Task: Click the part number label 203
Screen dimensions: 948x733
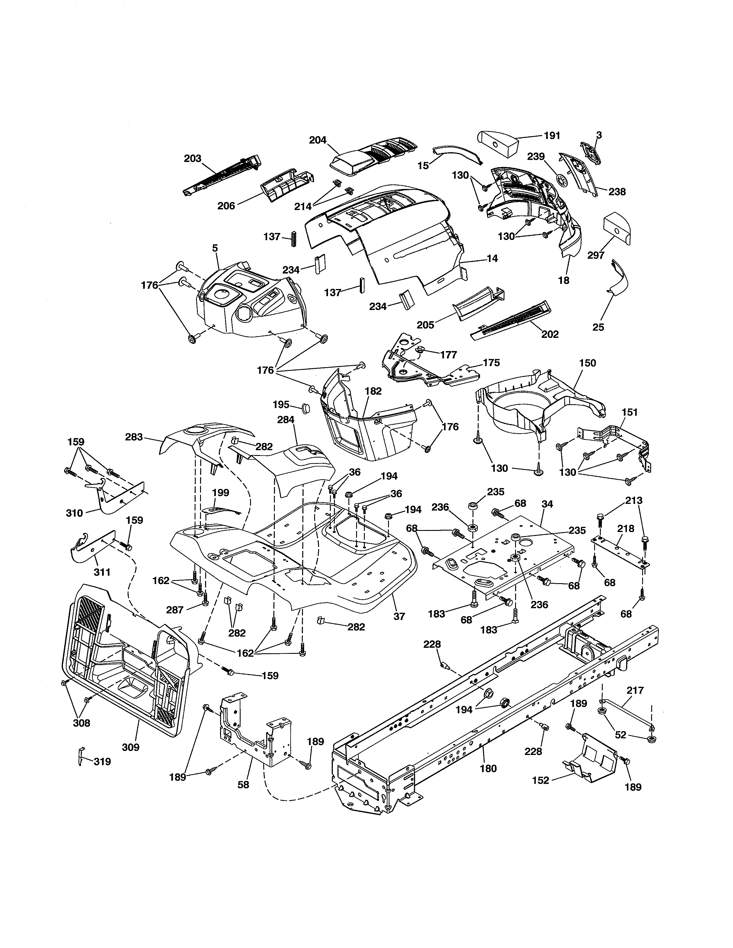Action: point(192,159)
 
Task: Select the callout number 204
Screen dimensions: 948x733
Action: point(318,140)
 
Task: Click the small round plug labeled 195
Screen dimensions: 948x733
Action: point(307,409)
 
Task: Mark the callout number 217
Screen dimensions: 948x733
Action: point(635,690)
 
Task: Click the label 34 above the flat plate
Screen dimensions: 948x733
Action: point(548,504)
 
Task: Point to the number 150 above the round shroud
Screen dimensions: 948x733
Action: point(588,363)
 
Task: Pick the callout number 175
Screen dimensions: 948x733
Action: point(491,363)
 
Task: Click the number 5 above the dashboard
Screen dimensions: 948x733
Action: point(215,248)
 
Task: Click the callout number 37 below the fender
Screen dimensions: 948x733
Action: point(399,616)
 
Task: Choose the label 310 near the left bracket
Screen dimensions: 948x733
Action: point(74,513)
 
